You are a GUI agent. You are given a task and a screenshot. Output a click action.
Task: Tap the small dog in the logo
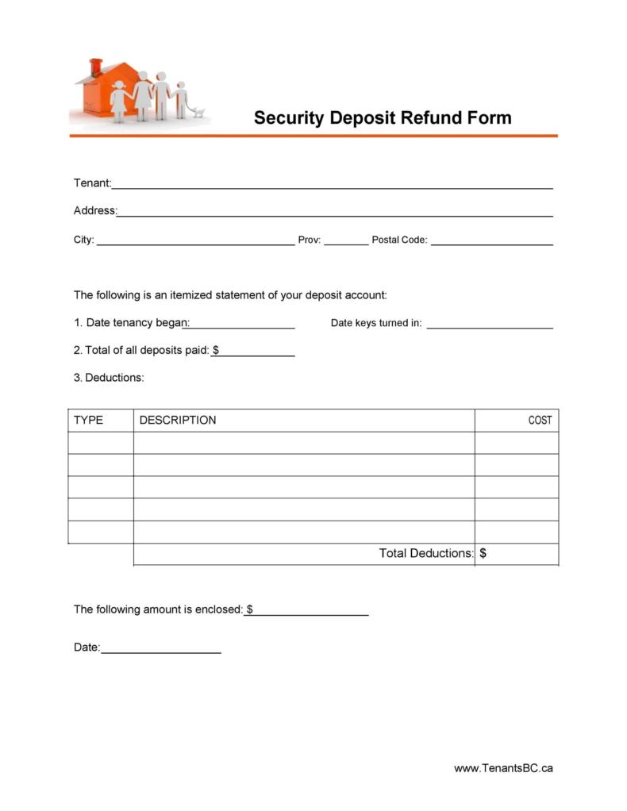pos(198,112)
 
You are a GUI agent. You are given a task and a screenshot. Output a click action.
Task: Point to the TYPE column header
pos(88,420)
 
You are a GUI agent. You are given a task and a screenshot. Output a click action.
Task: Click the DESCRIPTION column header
pos(178,420)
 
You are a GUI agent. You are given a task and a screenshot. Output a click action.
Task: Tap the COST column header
pos(540,420)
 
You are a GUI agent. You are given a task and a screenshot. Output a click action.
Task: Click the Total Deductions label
pos(425,553)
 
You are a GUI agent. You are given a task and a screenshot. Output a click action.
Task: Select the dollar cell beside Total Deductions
pos(517,554)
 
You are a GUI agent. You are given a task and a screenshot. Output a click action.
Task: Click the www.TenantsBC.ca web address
pos(503,767)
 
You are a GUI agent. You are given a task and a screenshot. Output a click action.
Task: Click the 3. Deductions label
pos(109,378)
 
